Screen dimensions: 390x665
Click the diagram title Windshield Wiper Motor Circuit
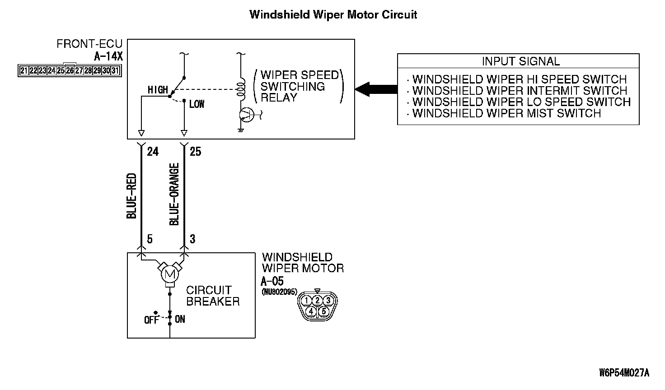click(333, 14)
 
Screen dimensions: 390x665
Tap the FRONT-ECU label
click(89, 44)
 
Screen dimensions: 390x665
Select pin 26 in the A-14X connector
click(70, 70)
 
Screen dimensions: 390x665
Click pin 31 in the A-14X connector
click(115, 70)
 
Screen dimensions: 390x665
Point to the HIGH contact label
click(157, 90)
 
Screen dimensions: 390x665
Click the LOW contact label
click(197, 104)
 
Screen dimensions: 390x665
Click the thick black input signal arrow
click(375, 89)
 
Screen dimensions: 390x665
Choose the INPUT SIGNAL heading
click(520, 61)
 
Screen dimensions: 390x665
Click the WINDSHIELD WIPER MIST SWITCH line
click(506, 113)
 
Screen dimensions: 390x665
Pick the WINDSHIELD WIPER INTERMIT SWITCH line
click(520, 91)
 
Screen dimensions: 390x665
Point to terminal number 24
click(153, 151)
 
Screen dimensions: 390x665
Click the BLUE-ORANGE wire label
click(174, 194)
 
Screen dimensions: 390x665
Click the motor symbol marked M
click(169, 273)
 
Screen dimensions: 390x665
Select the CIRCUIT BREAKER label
click(213, 296)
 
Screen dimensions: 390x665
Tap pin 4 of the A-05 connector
click(311, 311)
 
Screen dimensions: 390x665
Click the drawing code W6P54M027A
click(624, 373)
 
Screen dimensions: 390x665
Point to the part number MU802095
click(279, 292)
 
